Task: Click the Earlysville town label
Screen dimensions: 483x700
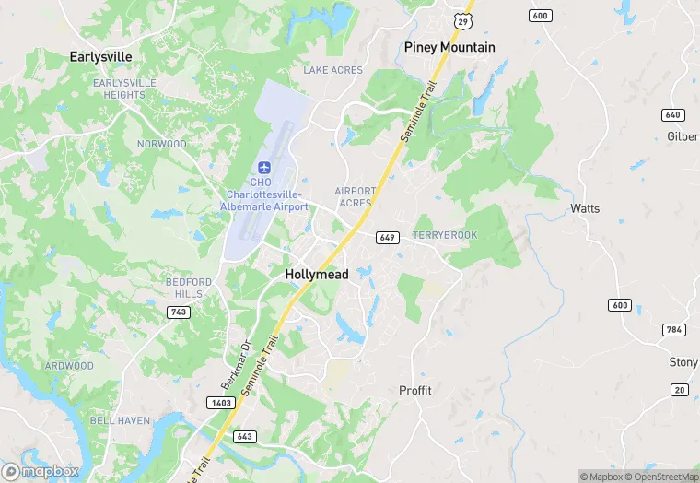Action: [x=101, y=56]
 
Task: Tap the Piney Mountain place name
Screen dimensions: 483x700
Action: [x=449, y=47]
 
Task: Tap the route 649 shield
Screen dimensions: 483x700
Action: [x=387, y=238]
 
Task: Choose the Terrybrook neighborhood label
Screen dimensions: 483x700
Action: [x=445, y=235]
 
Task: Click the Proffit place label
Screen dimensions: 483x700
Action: [x=414, y=390]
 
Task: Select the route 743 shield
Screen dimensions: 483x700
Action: [x=179, y=312]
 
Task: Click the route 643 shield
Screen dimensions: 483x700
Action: [x=244, y=436]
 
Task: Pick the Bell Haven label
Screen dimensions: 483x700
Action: [x=120, y=420]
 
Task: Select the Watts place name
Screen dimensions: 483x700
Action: [x=585, y=208]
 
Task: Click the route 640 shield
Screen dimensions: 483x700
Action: [x=671, y=114]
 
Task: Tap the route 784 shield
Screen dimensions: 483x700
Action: [x=674, y=329]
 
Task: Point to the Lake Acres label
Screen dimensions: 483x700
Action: [x=333, y=70]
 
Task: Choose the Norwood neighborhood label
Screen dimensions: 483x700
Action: [x=161, y=144]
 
